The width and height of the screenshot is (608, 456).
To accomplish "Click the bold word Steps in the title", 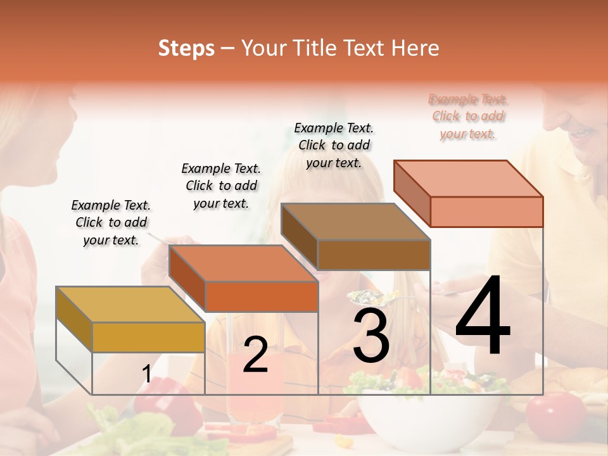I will tap(186, 48).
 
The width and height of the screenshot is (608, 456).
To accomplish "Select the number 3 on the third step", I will tap(371, 336).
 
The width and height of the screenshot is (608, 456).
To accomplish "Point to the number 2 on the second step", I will tap(255, 355).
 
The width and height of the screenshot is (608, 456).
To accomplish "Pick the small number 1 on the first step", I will tap(146, 374).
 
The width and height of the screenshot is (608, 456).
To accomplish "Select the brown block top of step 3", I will tap(355, 222).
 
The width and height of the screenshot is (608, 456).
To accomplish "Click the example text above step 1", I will tap(111, 222).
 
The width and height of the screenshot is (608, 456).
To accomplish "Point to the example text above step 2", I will tap(221, 186).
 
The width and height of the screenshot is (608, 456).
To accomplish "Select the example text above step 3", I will tap(334, 145).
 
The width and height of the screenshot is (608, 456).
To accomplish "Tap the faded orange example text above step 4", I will tap(468, 116).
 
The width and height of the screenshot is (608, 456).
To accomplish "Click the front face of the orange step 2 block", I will tap(262, 296).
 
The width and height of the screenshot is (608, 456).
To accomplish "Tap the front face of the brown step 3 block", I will tap(374, 255).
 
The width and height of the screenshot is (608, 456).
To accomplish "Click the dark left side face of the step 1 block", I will tap(74, 319).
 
